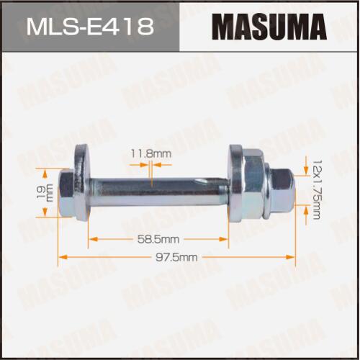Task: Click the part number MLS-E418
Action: (90, 26)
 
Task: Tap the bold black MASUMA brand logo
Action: (269, 26)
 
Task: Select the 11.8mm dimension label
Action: (151, 153)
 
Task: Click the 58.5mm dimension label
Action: (158, 239)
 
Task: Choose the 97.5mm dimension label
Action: (176, 257)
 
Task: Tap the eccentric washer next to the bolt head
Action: (81, 182)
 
